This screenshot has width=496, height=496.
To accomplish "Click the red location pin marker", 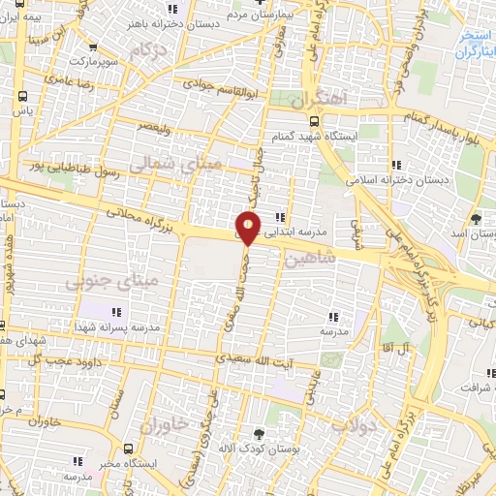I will click(x=249, y=229).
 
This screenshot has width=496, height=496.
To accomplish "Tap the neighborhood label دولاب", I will click(x=352, y=424).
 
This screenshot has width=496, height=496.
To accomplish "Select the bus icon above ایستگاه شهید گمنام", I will click(x=314, y=121).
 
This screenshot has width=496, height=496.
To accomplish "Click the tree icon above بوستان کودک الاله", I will click(x=259, y=434).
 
